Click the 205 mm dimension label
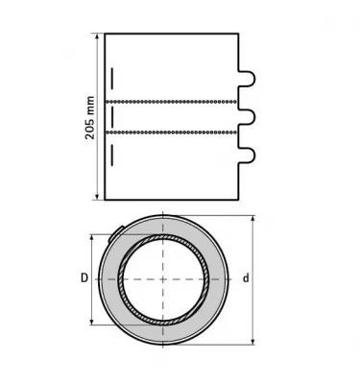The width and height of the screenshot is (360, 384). [x=90, y=117]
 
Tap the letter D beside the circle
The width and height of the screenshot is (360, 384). [x=84, y=278]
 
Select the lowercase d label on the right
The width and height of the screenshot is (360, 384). [x=246, y=278]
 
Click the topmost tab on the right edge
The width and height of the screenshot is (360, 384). [x=248, y=78]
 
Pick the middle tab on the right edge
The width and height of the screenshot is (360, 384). [x=248, y=117]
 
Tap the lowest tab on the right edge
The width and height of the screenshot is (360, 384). [x=248, y=155]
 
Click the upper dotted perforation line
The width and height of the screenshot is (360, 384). [x=172, y=102]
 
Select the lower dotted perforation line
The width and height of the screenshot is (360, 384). [x=172, y=132]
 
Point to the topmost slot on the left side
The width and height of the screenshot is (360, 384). [x=112, y=78]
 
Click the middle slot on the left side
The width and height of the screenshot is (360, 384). [x=112, y=117]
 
